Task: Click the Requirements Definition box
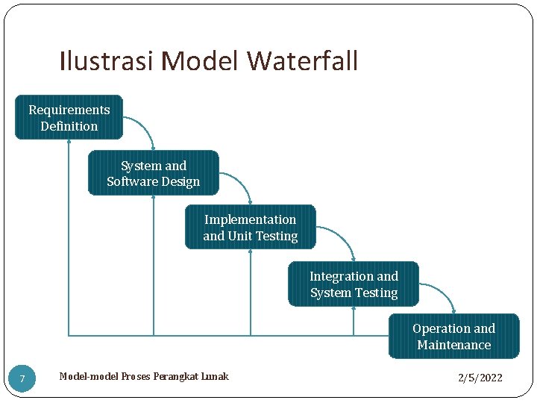pos(69,117)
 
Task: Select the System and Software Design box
pos(153,173)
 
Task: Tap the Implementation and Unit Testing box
pos(250,227)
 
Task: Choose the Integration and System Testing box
pos(354,284)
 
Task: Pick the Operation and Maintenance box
pos(453,337)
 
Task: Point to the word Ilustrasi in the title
pos(106,61)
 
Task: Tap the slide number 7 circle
pos(22,379)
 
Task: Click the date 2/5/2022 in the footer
pos(480,378)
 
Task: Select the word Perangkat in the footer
pos(172,376)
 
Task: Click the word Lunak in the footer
pos(213,376)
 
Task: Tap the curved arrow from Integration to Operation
pos(445,295)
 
